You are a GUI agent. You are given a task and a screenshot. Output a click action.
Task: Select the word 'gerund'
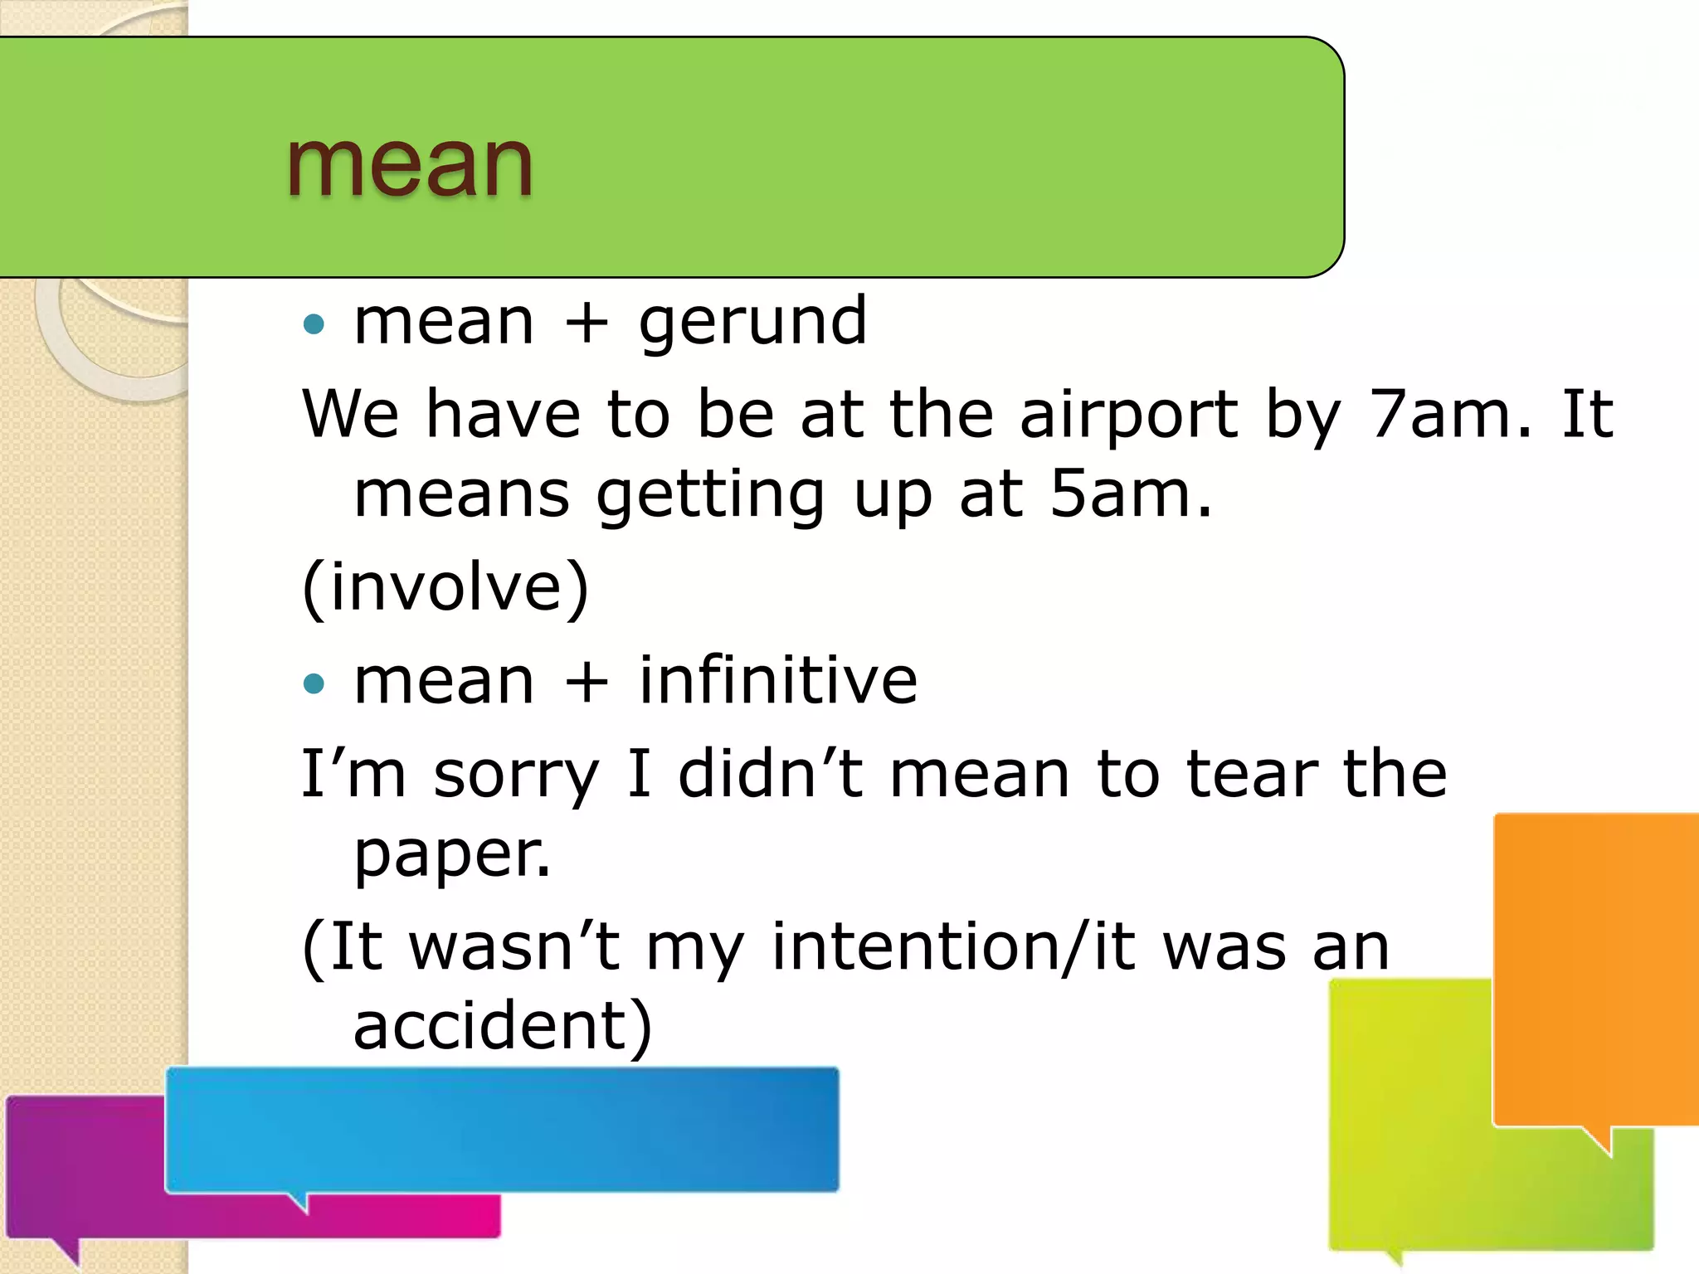point(752,322)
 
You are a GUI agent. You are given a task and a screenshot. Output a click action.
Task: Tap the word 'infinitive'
point(777,681)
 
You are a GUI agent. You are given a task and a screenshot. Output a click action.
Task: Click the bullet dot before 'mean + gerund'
point(314,323)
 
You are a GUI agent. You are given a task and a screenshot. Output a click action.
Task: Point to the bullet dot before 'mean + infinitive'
point(314,683)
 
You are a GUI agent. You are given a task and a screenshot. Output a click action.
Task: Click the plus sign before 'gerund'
point(586,323)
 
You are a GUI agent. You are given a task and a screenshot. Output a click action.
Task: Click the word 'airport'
point(1128,415)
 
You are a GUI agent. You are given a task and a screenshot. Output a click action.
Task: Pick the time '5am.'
point(1131,494)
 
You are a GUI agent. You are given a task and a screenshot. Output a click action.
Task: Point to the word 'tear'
point(1251,774)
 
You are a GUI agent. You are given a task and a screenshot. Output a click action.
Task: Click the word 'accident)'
point(503,1026)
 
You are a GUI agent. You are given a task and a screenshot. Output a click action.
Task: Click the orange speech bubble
point(1594,970)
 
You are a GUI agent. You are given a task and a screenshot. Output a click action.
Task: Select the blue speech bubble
point(502,1130)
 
